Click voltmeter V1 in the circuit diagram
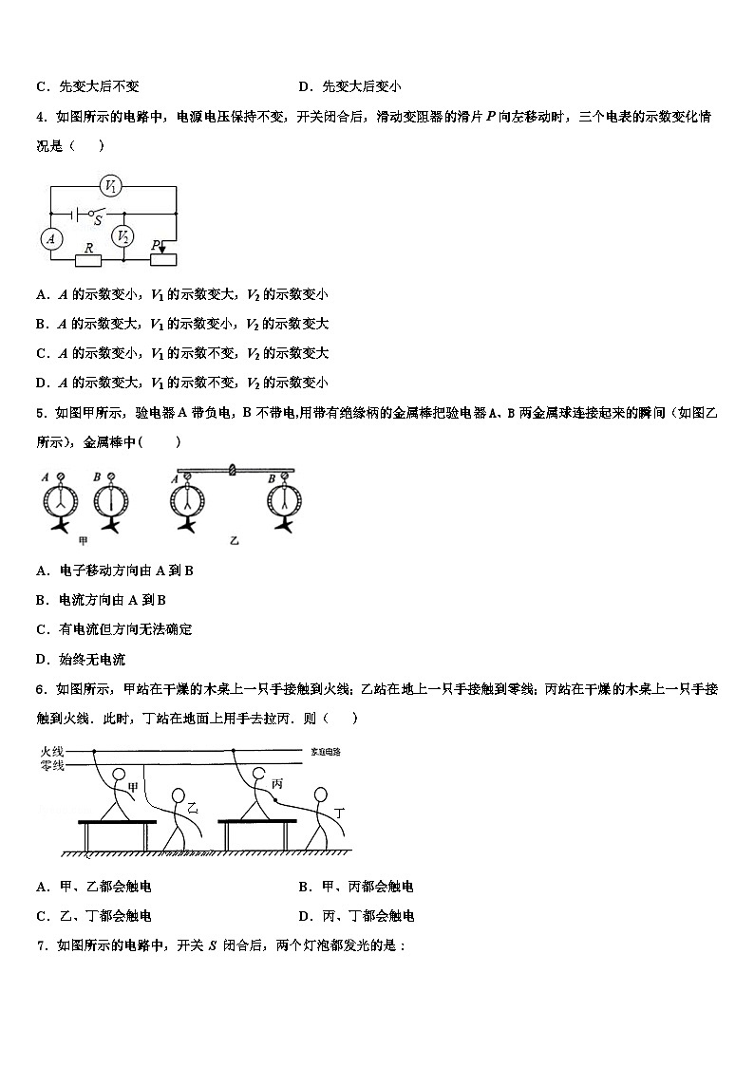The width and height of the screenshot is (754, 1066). coord(110,187)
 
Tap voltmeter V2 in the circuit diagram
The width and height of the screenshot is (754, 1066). coord(122,236)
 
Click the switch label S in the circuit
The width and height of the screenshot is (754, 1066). coord(98,222)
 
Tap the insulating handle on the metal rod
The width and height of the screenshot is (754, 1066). coord(233,468)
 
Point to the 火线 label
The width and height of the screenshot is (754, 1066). coord(51,751)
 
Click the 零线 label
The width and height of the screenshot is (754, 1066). coord(51,766)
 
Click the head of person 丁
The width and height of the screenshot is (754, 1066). coord(322,794)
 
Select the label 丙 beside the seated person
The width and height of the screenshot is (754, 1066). coord(277,784)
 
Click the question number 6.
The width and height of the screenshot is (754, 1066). coord(41,689)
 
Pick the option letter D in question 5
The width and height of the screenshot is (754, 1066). coord(42,659)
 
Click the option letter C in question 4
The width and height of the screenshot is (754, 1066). coord(42,353)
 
